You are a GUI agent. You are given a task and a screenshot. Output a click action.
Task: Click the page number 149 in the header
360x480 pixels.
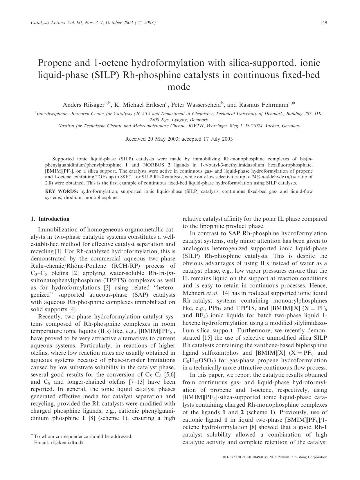pos(323,23)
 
